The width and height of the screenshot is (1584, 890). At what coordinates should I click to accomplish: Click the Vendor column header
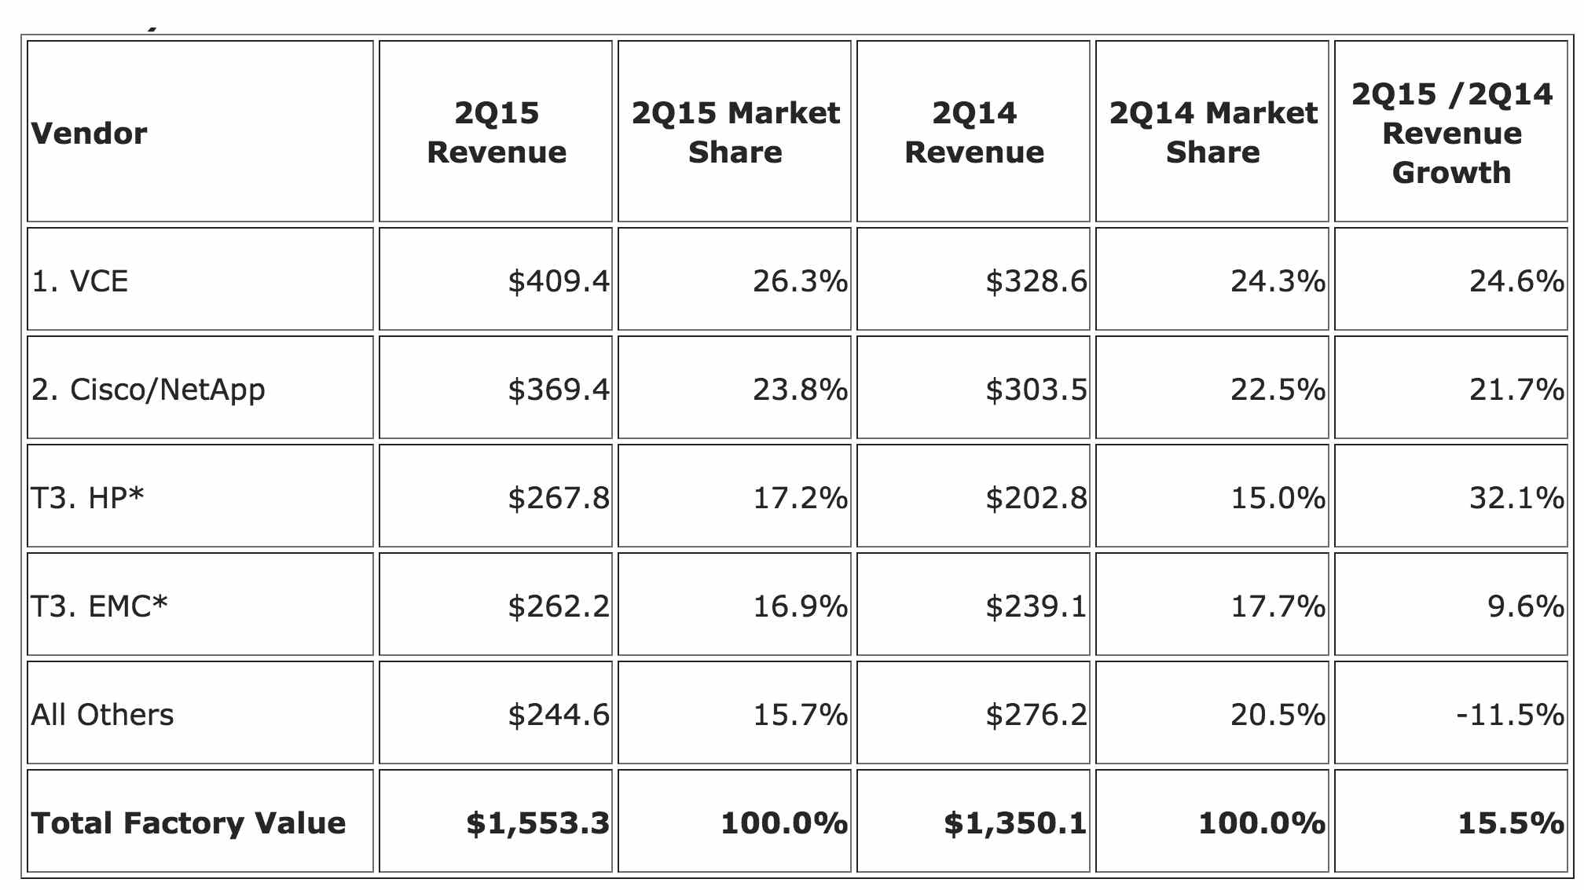click(x=89, y=134)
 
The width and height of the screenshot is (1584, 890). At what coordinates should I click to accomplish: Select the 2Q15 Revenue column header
click(x=497, y=132)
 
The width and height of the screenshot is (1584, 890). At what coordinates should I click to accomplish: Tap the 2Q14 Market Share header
click(x=1213, y=132)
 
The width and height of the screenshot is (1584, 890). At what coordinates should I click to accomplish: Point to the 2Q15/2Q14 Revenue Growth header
click(x=1452, y=133)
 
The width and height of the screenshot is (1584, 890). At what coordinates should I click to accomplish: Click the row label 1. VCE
click(x=79, y=280)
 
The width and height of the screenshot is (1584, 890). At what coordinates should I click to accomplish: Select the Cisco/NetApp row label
click(x=148, y=390)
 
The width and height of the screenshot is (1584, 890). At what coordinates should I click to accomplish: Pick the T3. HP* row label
click(x=87, y=497)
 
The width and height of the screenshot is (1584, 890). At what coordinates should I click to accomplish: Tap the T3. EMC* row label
click(x=99, y=606)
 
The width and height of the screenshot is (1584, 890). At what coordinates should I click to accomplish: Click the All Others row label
click(x=102, y=714)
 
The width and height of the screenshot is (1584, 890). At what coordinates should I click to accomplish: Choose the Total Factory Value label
click(x=189, y=822)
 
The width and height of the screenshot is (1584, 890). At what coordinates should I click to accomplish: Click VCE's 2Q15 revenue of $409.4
click(x=559, y=280)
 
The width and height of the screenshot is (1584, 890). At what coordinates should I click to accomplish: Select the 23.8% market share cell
click(x=801, y=389)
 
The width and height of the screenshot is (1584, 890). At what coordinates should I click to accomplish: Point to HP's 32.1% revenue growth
click(x=1517, y=497)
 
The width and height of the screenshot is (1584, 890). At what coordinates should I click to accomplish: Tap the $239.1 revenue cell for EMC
click(x=1036, y=606)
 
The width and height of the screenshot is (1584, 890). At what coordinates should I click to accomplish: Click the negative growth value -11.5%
click(x=1510, y=714)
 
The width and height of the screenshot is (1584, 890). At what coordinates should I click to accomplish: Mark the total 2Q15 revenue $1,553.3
click(x=537, y=822)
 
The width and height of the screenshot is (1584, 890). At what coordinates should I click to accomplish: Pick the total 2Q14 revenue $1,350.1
click(x=1015, y=822)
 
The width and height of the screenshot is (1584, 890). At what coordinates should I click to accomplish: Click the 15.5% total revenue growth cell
click(x=1511, y=822)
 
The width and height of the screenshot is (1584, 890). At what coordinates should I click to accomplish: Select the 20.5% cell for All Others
click(x=1278, y=714)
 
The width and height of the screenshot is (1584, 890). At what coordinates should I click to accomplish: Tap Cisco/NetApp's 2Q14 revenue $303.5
click(x=1036, y=389)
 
